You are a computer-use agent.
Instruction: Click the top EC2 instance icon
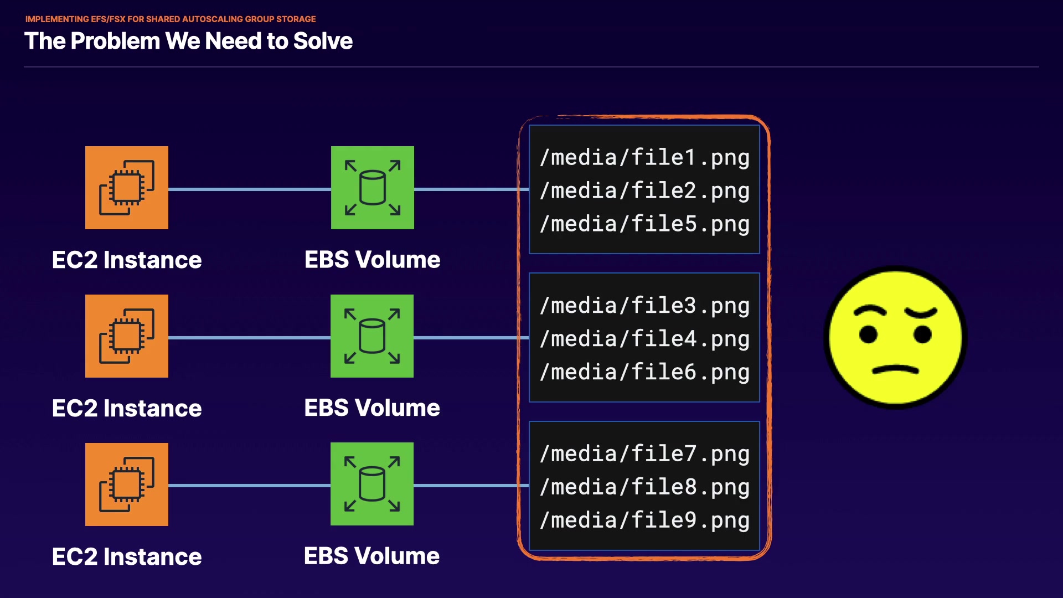click(127, 188)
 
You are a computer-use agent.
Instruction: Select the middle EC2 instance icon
click(127, 336)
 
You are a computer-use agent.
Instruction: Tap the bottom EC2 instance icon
click(127, 484)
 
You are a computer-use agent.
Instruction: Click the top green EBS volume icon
click(373, 188)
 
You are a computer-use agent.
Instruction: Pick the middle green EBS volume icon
click(372, 336)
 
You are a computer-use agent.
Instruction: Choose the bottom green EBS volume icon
click(372, 484)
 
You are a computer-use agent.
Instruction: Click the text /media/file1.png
click(644, 158)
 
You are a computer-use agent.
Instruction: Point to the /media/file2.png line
click(644, 191)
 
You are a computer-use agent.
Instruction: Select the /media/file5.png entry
click(644, 224)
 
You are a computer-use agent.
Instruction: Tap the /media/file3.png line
click(644, 306)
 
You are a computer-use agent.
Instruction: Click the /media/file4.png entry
click(644, 339)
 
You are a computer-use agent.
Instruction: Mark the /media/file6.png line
click(644, 373)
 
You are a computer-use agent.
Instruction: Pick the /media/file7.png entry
click(644, 455)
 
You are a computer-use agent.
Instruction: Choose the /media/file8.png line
click(644, 488)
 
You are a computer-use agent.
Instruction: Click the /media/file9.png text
click(644, 521)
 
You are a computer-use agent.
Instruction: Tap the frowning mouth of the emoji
click(895, 369)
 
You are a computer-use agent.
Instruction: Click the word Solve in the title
click(323, 41)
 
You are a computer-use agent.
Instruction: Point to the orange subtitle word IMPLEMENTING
click(57, 19)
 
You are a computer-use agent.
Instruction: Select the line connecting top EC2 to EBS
click(249, 189)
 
